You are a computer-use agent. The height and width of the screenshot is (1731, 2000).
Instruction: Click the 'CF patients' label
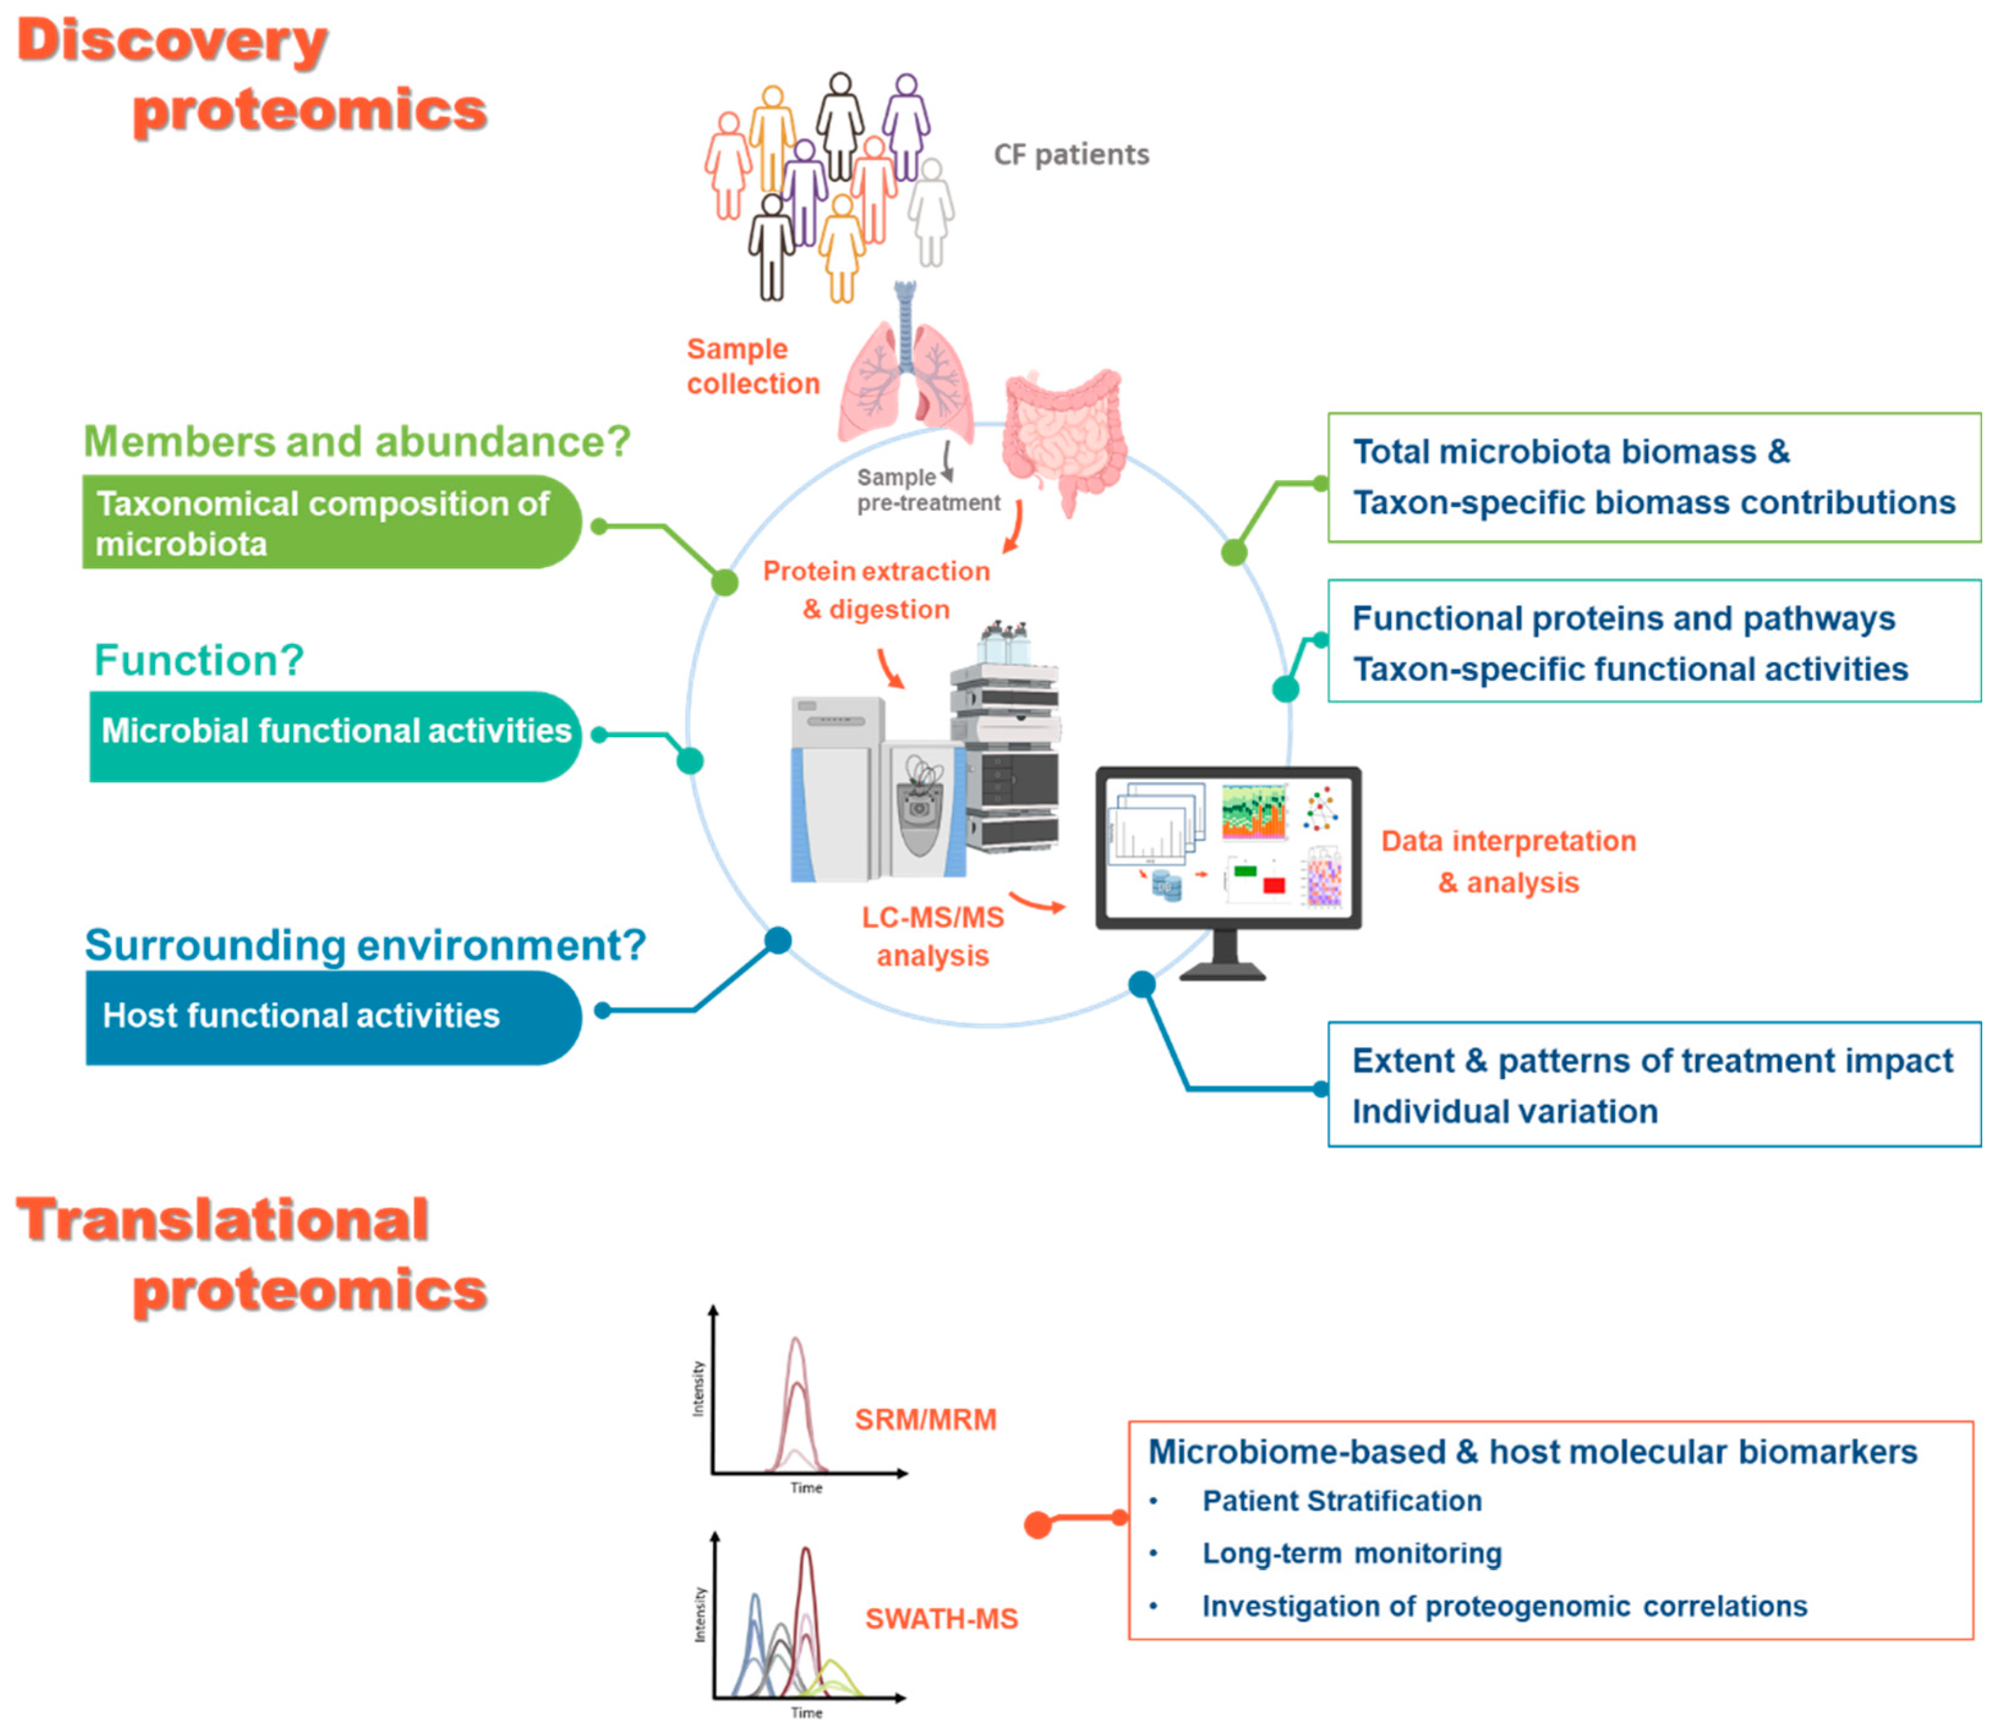1071,155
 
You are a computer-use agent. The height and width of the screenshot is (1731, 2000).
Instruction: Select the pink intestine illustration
1063,435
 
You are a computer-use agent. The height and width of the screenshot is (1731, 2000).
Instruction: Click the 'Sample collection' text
752,366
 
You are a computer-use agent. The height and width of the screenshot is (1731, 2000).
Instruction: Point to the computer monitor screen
1227,846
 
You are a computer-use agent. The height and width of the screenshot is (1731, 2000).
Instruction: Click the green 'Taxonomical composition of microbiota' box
329,522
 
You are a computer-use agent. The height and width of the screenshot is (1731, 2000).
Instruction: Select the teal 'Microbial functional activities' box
334,735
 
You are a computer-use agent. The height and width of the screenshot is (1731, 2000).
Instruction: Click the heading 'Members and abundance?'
357,442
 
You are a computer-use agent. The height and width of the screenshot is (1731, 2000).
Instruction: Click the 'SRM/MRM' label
924,1419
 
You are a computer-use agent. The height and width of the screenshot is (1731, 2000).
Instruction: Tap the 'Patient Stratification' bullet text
1341,1500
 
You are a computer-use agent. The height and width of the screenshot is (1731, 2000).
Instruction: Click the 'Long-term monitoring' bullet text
1351,1552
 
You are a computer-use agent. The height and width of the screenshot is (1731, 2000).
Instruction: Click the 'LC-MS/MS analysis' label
932,936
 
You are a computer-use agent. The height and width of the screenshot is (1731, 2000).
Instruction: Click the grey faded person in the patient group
931,212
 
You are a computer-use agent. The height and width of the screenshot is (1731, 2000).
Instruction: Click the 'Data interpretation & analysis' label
1507,862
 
